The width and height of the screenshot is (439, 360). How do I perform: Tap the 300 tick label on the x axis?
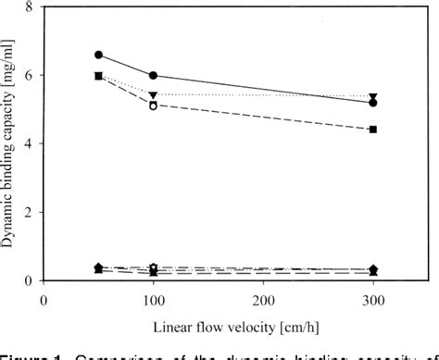372,302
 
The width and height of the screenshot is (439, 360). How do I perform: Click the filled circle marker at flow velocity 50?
99,55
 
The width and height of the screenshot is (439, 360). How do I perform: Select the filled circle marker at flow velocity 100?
154,76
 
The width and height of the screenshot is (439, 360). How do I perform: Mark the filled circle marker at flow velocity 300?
372,103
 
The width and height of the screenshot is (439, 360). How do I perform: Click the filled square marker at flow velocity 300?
372,130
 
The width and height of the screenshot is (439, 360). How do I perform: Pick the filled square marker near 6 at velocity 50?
99,76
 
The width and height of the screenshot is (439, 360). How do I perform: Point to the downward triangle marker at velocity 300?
372,96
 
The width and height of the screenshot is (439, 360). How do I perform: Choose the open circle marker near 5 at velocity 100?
154,106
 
